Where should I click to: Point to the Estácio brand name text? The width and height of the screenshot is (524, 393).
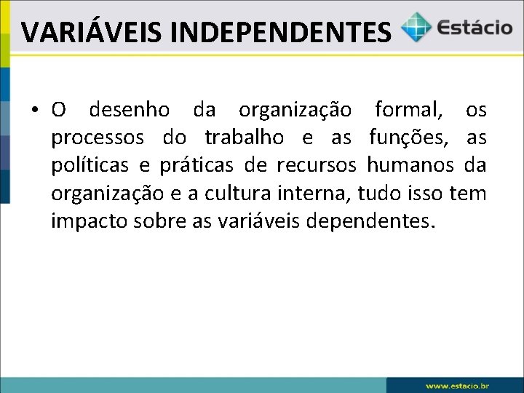(474, 28)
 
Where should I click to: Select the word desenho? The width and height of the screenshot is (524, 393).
(129, 110)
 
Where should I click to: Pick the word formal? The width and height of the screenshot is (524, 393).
(408, 110)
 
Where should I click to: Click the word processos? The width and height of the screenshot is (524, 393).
(97, 138)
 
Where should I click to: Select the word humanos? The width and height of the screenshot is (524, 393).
(412, 165)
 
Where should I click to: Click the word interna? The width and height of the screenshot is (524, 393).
(304, 193)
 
